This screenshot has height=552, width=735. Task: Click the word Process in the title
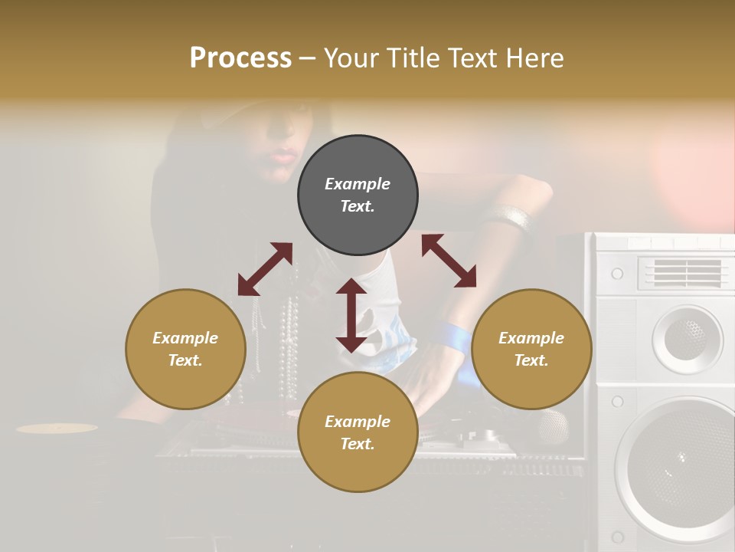pyautogui.click(x=240, y=58)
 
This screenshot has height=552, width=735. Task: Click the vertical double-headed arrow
pyautogui.click(x=351, y=315)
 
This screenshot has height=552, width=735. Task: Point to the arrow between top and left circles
pyautogui.click(x=265, y=268)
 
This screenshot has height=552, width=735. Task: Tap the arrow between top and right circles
pyautogui.click(x=449, y=261)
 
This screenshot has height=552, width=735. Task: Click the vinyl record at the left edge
pyautogui.click(x=57, y=428)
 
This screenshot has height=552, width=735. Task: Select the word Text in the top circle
pyautogui.click(x=358, y=206)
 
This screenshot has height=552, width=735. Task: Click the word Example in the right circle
pyautogui.click(x=531, y=338)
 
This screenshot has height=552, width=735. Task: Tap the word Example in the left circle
pyautogui.click(x=185, y=338)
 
